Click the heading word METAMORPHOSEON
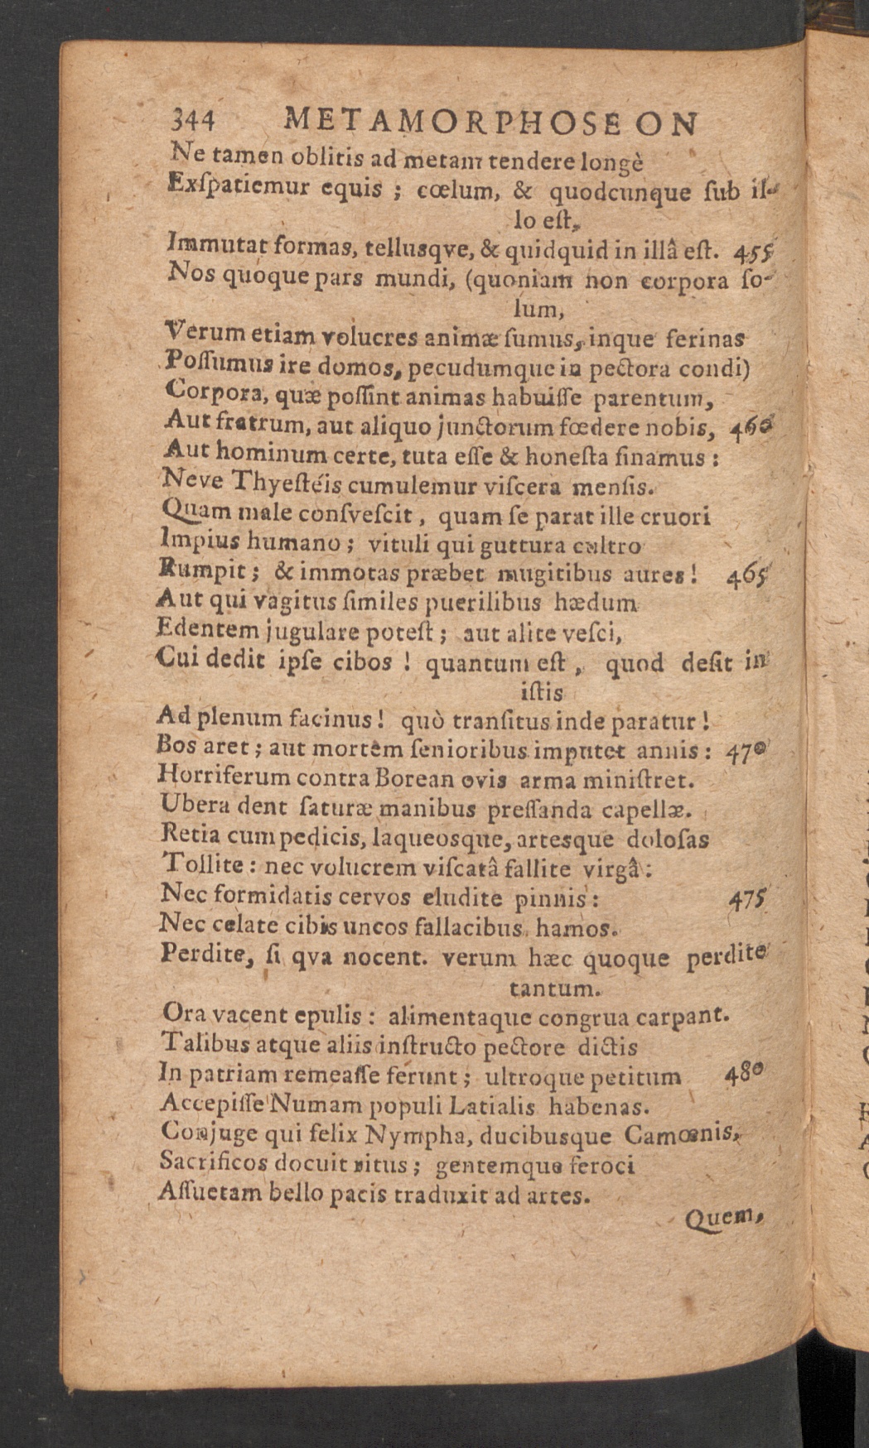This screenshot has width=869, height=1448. (490, 123)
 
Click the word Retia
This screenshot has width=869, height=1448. (190, 837)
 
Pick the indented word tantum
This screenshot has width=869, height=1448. (553, 988)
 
